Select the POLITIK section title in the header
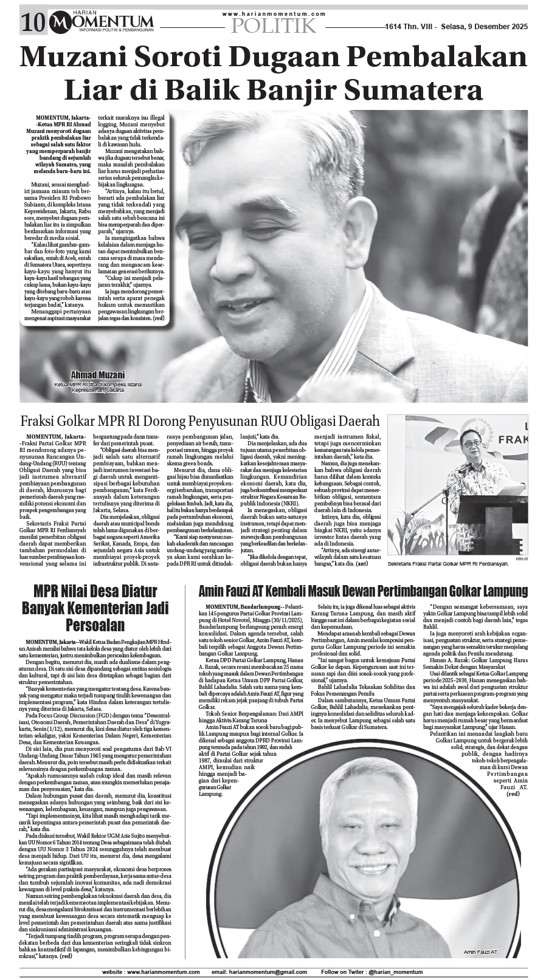(x=274, y=26)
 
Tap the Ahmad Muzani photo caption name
(x=98, y=375)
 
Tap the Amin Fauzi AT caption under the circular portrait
(x=480, y=951)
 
